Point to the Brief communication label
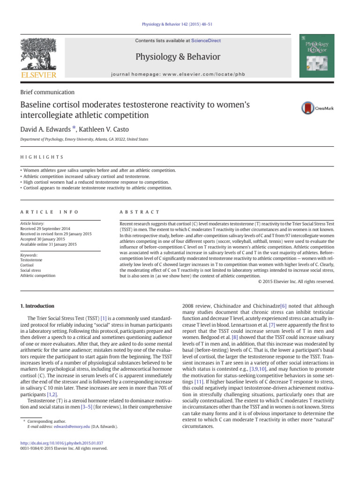(x=47, y=92)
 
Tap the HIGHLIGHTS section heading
(x=42, y=157)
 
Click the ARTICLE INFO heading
(x=50, y=212)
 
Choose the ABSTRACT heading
(x=140, y=212)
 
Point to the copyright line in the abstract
(x=296, y=281)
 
